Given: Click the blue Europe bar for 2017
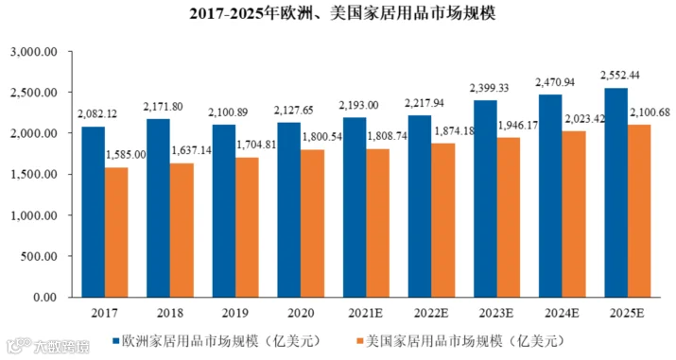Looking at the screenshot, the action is click(93, 212).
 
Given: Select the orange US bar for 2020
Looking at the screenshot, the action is click(313, 224).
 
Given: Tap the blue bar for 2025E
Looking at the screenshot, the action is click(615, 193).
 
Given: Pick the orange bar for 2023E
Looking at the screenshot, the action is click(509, 217).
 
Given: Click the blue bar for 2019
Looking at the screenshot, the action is click(224, 211).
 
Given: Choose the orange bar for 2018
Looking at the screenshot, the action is click(182, 230).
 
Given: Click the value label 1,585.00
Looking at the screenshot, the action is click(126, 155).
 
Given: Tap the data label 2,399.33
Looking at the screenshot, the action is click(489, 88).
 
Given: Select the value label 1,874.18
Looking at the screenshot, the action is click(454, 131).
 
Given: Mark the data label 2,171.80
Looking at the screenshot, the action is click(163, 106).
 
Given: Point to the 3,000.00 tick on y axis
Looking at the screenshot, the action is click(34, 52).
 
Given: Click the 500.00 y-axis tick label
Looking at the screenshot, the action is click(39, 256).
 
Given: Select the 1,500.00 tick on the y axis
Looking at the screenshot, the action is click(34, 175).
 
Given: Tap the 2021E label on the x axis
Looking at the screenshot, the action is click(365, 313).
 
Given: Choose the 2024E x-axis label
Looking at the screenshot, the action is click(562, 313).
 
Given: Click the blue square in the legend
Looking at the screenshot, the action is click(115, 341).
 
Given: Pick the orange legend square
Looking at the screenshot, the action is click(359, 341).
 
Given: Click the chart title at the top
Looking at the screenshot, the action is click(342, 13).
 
